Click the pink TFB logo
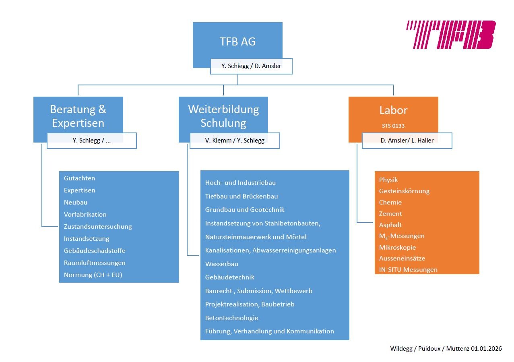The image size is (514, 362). (x=450, y=35)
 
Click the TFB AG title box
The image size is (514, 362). (x=237, y=41)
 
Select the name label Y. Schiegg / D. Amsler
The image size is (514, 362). (x=251, y=66)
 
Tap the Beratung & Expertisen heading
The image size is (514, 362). (x=78, y=116)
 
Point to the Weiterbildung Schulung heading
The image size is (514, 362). (x=223, y=116)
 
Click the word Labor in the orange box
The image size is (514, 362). (x=393, y=110)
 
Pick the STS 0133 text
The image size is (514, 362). (x=393, y=126)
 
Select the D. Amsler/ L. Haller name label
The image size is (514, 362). (x=407, y=141)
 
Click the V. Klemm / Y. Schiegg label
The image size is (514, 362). (x=235, y=141)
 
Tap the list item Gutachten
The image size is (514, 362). (x=80, y=178)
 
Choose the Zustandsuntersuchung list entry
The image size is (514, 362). (x=98, y=226)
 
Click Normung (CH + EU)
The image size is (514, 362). (x=93, y=275)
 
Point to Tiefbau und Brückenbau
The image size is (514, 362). (x=242, y=196)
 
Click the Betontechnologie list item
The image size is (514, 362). (x=231, y=318)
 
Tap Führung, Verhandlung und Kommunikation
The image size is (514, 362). (x=270, y=331)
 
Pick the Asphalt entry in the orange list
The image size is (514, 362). (x=390, y=225)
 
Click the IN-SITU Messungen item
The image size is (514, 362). (x=408, y=269)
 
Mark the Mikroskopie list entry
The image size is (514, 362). (x=397, y=247)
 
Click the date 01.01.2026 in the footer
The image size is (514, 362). (x=486, y=348)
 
